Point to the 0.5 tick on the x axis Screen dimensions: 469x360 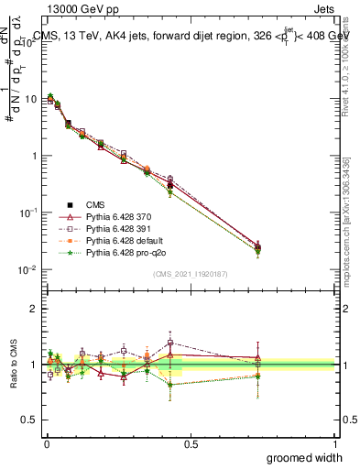click(191, 443)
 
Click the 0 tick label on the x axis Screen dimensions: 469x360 click(47, 443)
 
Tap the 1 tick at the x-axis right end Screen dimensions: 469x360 click(334, 443)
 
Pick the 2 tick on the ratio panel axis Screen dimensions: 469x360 click(35, 310)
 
